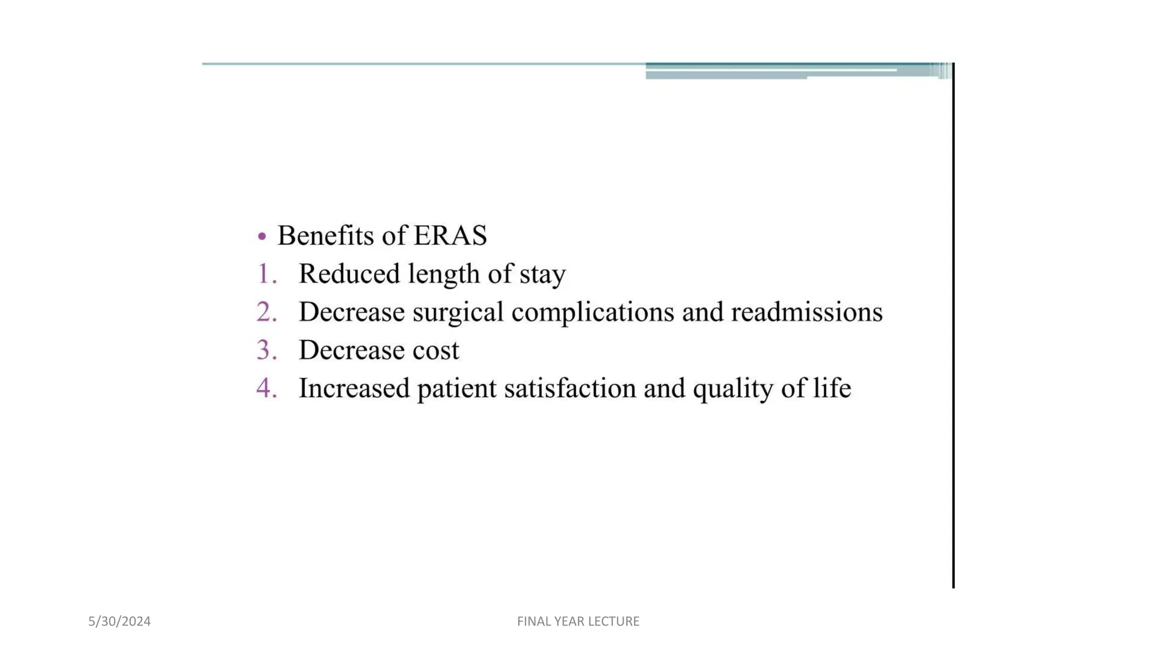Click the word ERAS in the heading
[450, 236]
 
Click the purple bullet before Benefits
[262, 236]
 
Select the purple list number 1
[266, 274]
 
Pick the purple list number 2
[267, 312]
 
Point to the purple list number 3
[267, 350]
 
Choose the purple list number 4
[267, 388]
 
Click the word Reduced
[349, 274]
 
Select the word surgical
[458, 313]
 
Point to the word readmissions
[807, 312]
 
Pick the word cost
[436, 350]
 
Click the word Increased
[354, 388]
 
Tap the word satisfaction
[570, 388]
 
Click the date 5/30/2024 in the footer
[119, 622]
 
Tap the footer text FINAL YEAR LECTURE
[578, 622]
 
